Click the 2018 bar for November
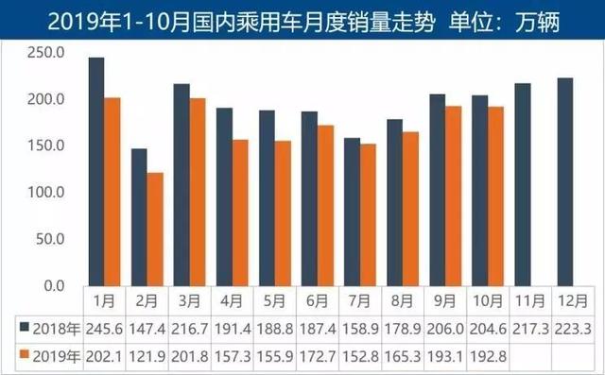[522, 184]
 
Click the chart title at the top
[302, 18]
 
